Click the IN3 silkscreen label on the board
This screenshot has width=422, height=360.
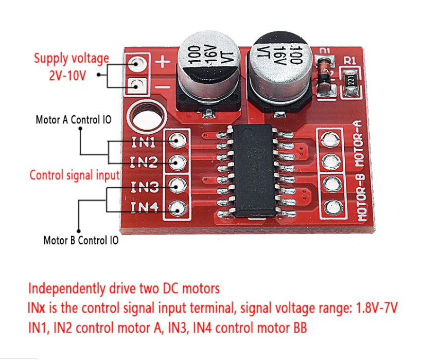point(145,186)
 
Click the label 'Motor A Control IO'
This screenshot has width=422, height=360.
point(73,120)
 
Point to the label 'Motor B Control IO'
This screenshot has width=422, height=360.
point(81,240)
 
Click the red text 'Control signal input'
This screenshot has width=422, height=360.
point(75,175)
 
